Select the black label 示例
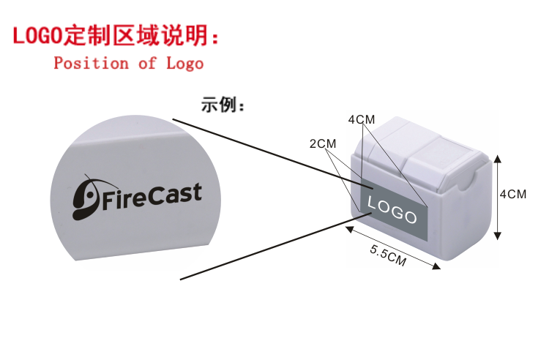point(223,105)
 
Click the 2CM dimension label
point(322,143)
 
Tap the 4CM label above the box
point(361,119)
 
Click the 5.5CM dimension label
point(388,255)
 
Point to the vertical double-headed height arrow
point(498,196)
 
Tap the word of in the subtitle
point(147,63)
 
